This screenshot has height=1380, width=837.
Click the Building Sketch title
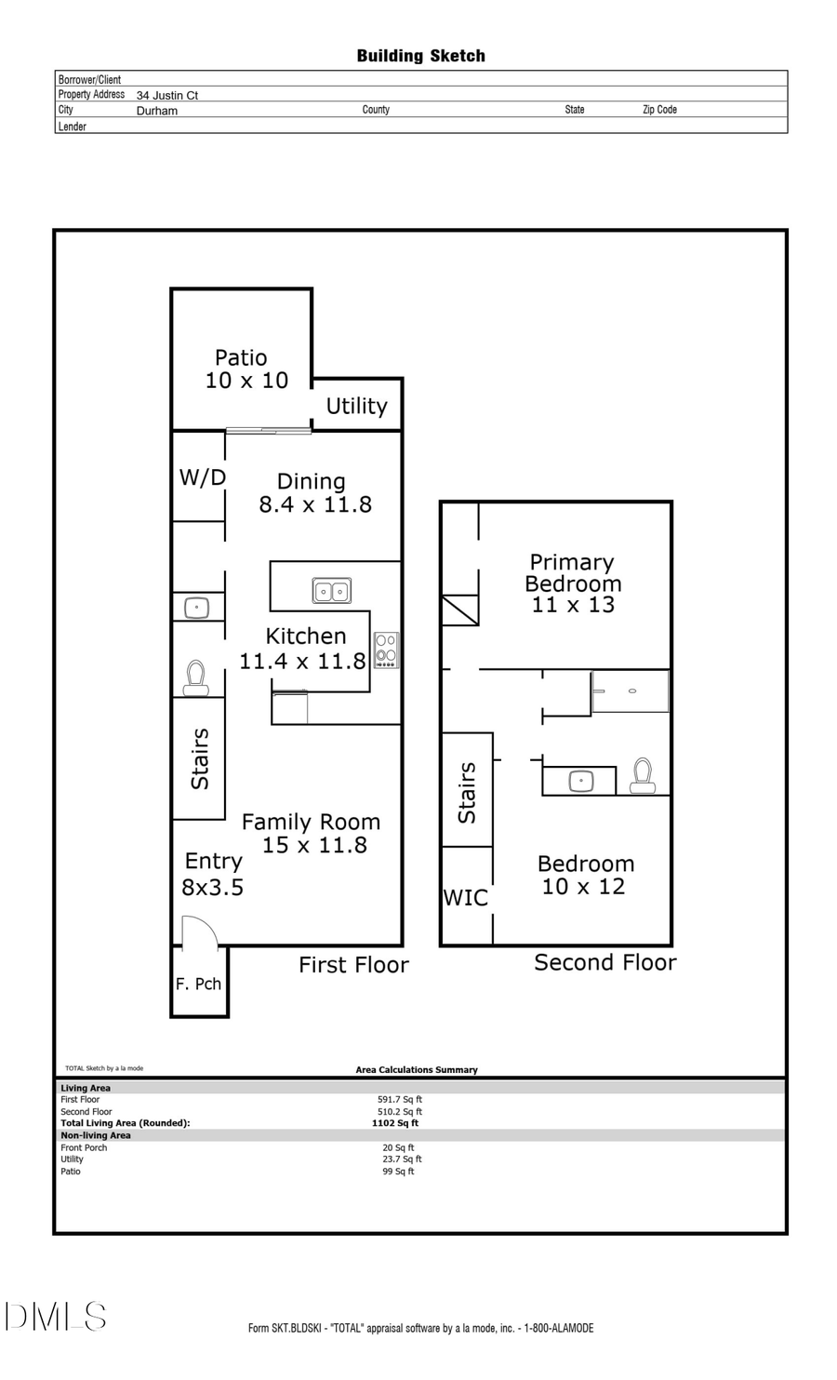(420, 56)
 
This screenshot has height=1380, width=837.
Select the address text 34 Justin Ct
(167, 95)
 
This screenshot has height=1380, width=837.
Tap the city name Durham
(157, 111)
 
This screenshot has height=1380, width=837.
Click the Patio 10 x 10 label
(246, 369)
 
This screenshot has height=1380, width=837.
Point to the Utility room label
(356, 407)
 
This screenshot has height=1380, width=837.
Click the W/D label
(202, 478)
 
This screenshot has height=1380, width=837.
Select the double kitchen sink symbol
(331, 591)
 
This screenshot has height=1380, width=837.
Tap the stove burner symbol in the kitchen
(386, 650)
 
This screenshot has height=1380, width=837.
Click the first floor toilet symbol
(195, 677)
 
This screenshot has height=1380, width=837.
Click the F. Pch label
(198, 985)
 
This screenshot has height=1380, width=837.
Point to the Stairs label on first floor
(200, 759)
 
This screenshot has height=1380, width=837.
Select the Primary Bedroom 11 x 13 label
(572, 583)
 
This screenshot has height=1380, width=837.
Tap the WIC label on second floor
(465, 898)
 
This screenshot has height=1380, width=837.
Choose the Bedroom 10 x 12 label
(585, 875)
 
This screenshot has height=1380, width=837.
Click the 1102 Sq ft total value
(395, 1123)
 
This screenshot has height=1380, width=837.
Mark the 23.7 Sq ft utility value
(402, 1159)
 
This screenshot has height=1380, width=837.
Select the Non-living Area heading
(96, 1135)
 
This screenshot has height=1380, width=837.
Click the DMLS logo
(56, 1317)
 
